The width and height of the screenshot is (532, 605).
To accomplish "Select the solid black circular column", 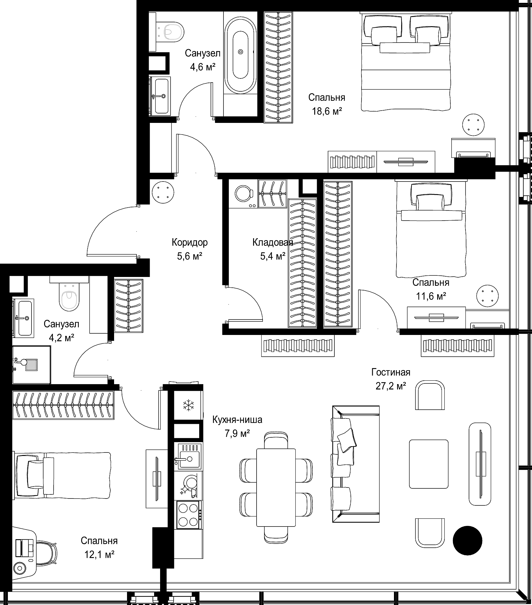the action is pyautogui.click(x=467, y=540).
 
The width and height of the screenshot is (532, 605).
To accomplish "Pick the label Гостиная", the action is pyautogui.click(x=391, y=372).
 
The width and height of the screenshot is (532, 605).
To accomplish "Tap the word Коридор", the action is pyautogui.click(x=190, y=242).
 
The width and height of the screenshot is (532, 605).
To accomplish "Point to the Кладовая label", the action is pyautogui.click(x=273, y=242).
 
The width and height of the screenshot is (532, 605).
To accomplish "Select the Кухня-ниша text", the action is pyautogui.click(x=237, y=420).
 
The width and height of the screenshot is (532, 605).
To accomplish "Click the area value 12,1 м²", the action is pyautogui.click(x=99, y=554).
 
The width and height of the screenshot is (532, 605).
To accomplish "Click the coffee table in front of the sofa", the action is pyautogui.click(x=429, y=464).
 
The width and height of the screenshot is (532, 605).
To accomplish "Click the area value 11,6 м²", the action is pyautogui.click(x=431, y=296).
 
